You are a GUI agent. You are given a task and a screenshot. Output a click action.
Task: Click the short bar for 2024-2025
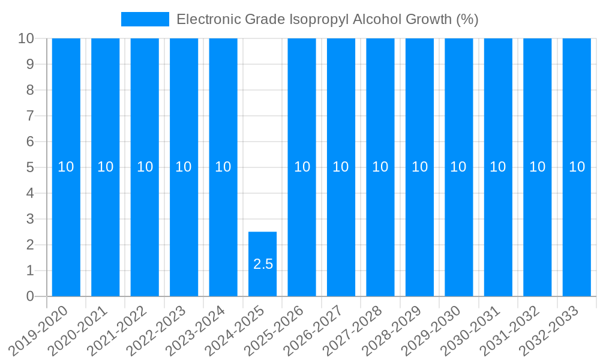coord(263,264)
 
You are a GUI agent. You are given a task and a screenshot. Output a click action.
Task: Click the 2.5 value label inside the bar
coord(263,264)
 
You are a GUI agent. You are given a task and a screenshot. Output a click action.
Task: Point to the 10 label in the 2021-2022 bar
coord(145,167)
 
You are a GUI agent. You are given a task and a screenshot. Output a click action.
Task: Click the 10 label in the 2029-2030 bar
coord(458,167)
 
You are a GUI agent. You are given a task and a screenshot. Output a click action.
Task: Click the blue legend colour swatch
coord(145,19)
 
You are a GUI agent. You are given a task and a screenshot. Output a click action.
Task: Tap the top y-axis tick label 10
coord(26,38)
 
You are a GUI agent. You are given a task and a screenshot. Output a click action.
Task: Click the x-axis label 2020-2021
coord(78,330)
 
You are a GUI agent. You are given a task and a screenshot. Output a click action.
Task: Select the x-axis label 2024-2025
coord(235,330)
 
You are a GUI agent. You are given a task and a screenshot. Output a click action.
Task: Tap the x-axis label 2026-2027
coord(314,330)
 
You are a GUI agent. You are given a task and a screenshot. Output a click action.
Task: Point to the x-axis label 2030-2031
coord(471,330)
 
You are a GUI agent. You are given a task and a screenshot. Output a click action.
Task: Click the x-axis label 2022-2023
coord(157,330)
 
